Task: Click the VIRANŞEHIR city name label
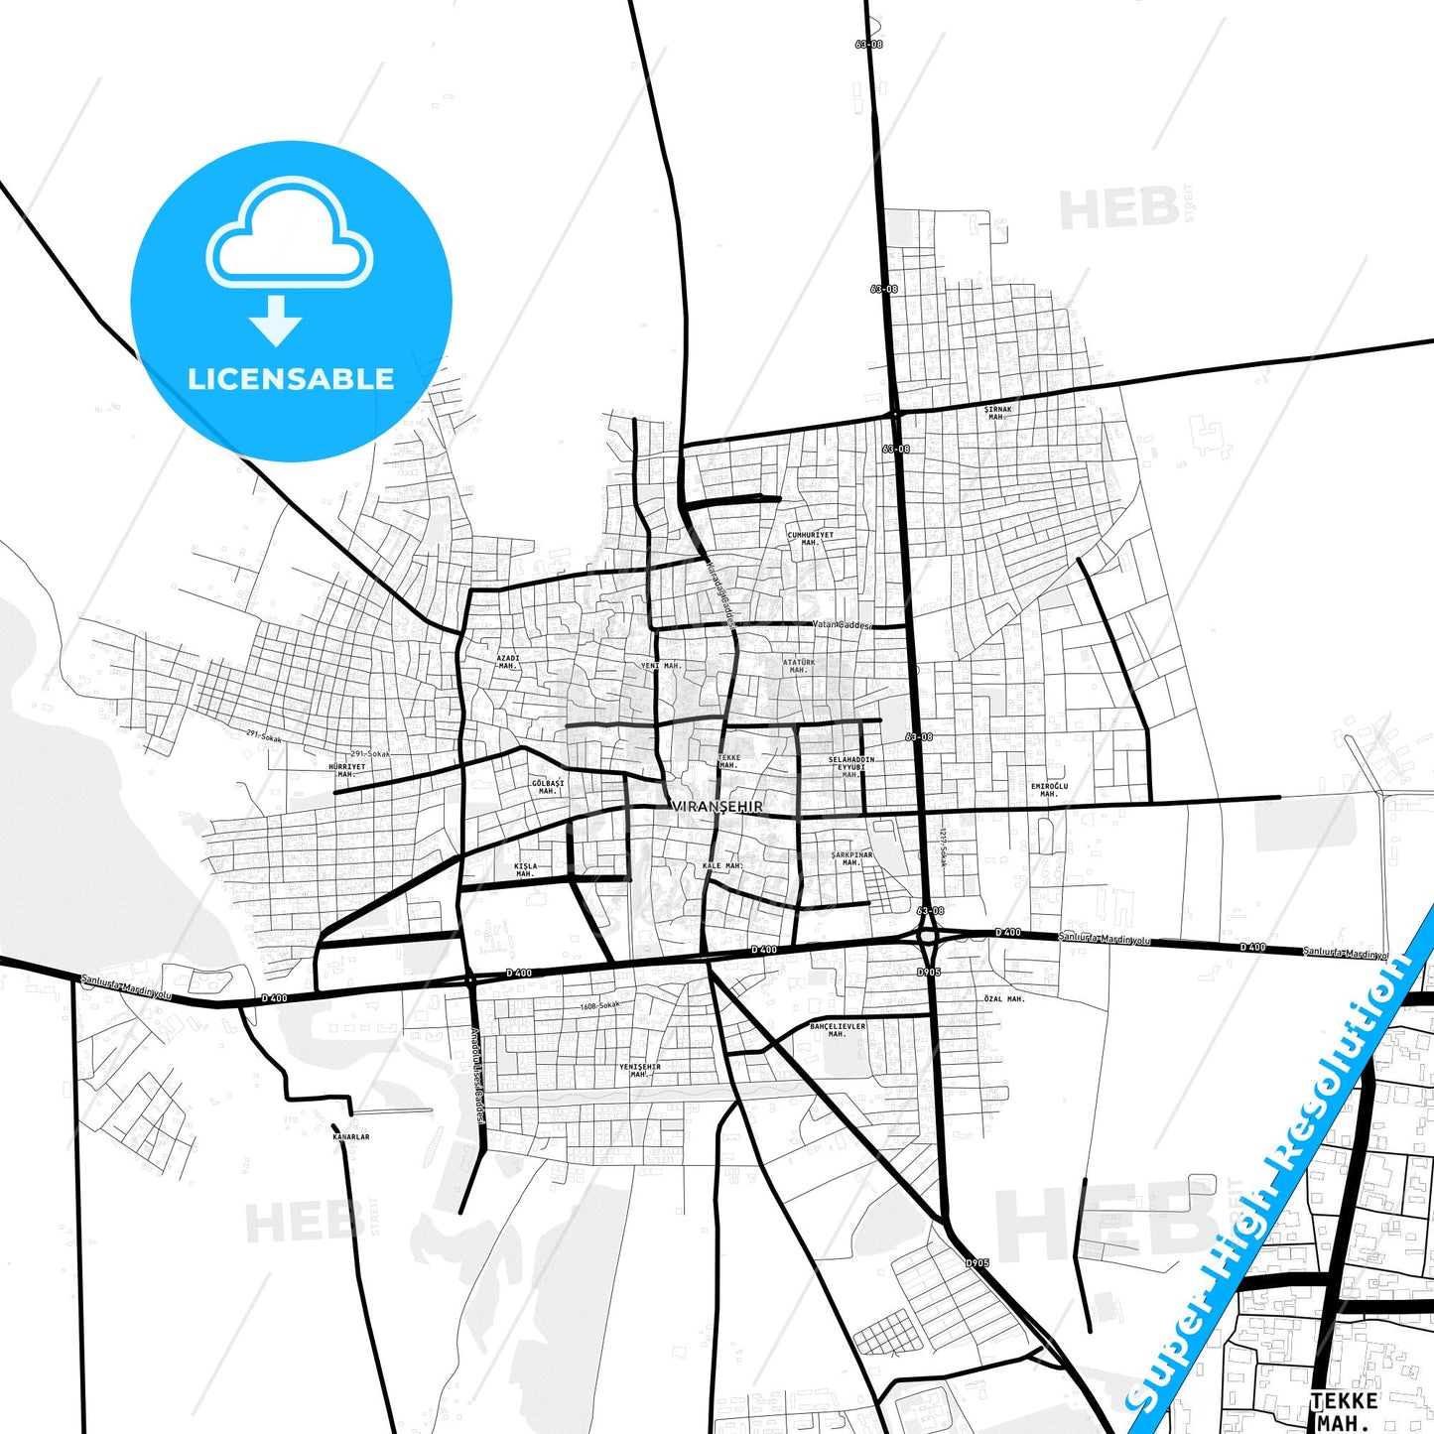717,807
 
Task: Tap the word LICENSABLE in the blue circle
291,379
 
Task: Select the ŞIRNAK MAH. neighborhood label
997,413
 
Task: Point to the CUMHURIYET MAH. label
810,539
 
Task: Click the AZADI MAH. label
508,662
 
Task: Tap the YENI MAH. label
661,666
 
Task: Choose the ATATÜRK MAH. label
798,666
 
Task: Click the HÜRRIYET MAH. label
346,770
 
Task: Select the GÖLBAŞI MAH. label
547,787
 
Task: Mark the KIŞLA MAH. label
525,870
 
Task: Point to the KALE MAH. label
722,866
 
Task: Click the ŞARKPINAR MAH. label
851,858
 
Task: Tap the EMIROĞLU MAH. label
1049,790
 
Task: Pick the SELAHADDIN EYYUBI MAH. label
850,767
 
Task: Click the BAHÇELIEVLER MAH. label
838,1030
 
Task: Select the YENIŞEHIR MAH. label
639,1071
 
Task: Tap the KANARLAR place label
351,1136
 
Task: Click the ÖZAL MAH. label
1003,999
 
